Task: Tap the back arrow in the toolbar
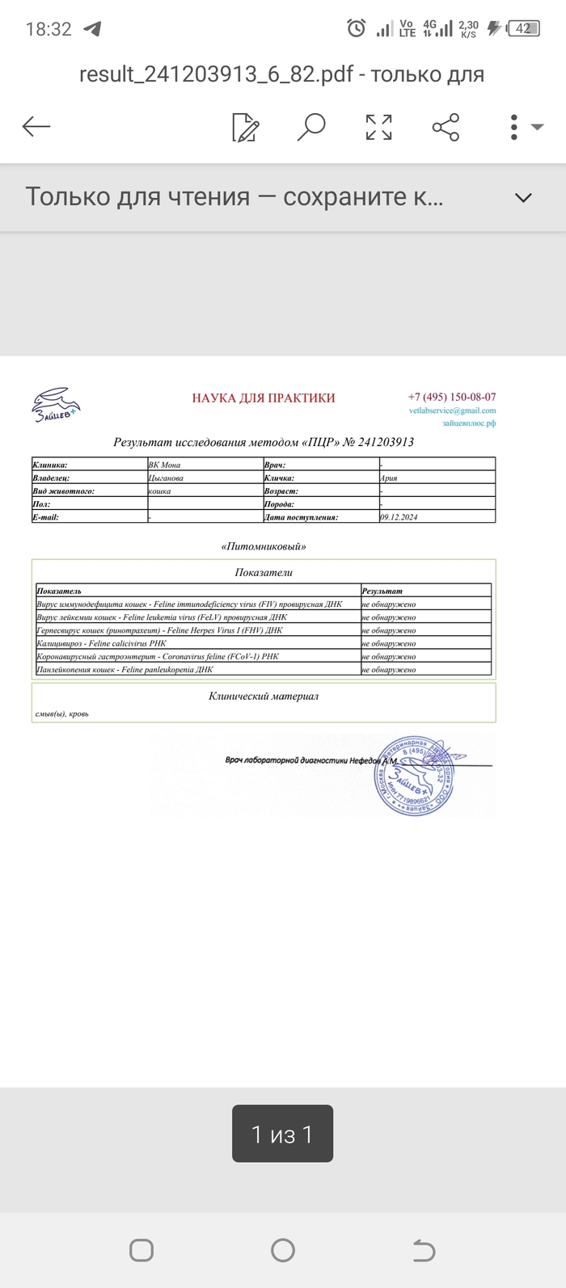[x=36, y=126]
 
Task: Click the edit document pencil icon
[x=245, y=127]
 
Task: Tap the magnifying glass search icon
[x=311, y=127]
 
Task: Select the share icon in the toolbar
[x=446, y=127]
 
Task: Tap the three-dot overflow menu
[x=514, y=127]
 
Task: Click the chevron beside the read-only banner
[x=523, y=198]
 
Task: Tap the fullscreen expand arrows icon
[x=378, y=127]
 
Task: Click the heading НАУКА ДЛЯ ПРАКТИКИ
[x=263, y=398]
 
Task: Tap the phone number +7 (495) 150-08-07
[x=452, y=397]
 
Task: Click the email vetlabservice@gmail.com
[x=452, y=410]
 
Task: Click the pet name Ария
[x=388, y=478]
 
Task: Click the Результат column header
[x=382, y=591]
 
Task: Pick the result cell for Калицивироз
[x=389, y=643]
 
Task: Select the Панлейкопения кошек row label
[x=125, y=670]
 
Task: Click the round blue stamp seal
[x=413, y=775]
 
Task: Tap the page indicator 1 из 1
[x=282, y=1134]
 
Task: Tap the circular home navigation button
[x=283, y=1250]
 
